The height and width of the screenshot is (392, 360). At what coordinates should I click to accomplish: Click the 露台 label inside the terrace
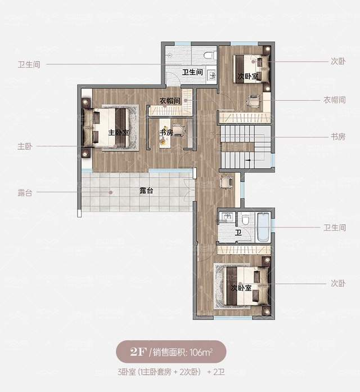coord(146,191)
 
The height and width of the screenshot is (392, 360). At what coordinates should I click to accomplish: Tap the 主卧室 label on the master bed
coord(119,132)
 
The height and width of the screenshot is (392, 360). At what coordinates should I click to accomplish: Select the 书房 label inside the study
coord(166,132)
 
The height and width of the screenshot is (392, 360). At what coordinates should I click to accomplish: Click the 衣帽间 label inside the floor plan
coord(170,101)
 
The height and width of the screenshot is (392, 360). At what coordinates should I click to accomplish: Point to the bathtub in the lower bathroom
coord(263,227)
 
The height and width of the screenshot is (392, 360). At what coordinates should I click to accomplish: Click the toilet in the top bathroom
coord(209,55)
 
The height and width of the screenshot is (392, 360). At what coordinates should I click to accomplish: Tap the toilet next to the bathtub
coord(245,220)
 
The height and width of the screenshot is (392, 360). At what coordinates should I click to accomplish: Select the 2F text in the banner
coord(138,352)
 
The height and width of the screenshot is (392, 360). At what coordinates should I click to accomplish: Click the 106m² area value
coord(201,352)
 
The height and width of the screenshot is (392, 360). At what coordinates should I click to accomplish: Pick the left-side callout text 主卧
coord(25,146)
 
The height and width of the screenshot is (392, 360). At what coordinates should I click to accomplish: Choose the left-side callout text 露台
coord(25,193)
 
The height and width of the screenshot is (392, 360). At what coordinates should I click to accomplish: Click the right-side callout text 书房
coord(338,137)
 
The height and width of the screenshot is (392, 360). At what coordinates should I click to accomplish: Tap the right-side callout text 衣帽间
coord(335,100)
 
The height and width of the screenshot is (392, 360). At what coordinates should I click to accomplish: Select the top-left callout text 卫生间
coord(29,65)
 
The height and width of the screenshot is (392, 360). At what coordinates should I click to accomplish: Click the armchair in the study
coord(179,131)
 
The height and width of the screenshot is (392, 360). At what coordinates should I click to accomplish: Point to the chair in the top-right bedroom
coord(254,101)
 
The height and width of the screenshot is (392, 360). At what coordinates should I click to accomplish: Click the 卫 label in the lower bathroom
coord(238,233)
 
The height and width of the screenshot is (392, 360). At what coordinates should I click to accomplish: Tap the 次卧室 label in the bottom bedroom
coord(241,288)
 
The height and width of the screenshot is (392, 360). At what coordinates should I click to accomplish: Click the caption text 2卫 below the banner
coord(219,372)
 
